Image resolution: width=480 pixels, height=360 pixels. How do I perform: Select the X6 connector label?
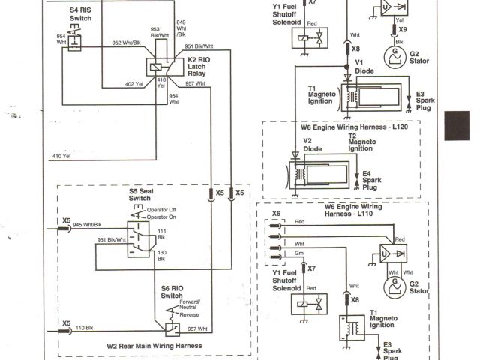[276, 214]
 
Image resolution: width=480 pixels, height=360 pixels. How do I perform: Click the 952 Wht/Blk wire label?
[126, 42]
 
